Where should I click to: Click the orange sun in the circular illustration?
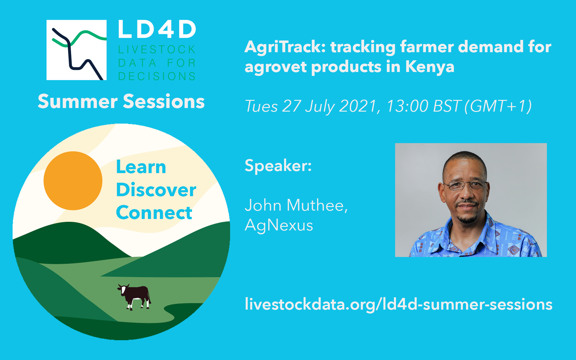coord(73,181)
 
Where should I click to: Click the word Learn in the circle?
coord(141,167)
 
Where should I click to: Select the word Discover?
coord(156,190)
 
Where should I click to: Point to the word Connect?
coord(154,213)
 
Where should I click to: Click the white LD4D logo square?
coord(76,50)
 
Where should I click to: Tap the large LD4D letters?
coord(157,29)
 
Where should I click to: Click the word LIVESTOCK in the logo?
coord(157,49)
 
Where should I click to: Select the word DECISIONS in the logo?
coord(157,76)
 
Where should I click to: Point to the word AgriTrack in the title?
coord(285,47)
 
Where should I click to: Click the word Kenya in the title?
coord(430,67)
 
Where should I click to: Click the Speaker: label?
coord(278,166)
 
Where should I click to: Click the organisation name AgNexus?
coord(279,225)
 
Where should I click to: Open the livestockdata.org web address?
coord(398,304)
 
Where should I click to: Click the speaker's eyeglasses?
coord(466,185)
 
